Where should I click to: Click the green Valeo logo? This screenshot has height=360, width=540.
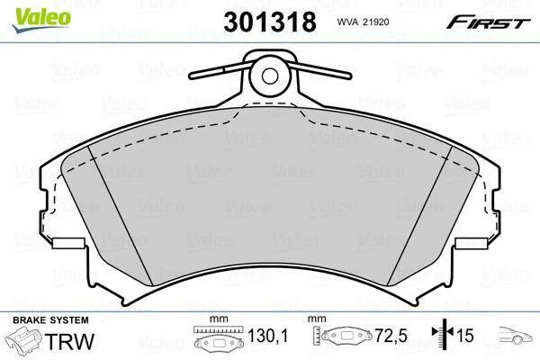pyautogui.click(x=41, y=19)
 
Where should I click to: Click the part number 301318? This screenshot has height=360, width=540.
pyautogui.click(x=270, y=22)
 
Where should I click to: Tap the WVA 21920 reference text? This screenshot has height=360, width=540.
pyautogui.click(x=363, y=22)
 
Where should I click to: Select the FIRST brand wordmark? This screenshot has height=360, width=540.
pyautogui.click(x=488, y=22)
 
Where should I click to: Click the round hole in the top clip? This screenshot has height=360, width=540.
pyautogui.click(x=270, y=76)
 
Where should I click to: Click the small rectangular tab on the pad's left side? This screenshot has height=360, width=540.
pyautogui.click(x=69, y=243)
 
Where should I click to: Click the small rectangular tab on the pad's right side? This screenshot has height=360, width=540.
pyautogui.click(x=471, y=243)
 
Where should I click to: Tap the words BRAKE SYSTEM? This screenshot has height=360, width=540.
pyautogui.click(x=50, y=320)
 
